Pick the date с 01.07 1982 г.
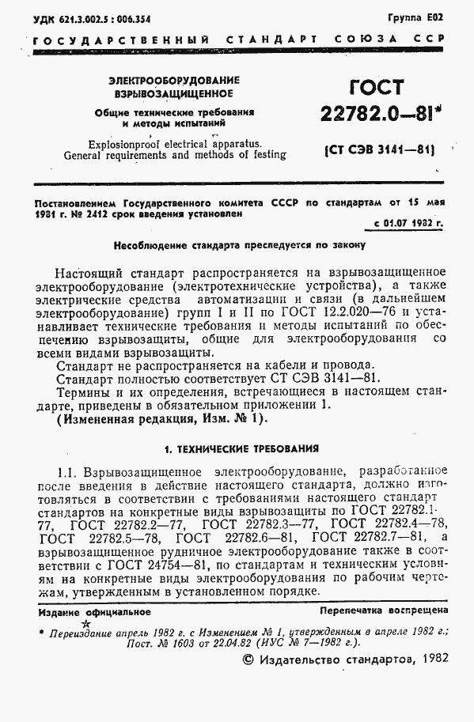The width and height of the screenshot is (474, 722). point(409,223)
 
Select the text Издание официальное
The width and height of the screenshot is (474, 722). point(93,611)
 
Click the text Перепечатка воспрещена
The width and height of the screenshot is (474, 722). point(384,610)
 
